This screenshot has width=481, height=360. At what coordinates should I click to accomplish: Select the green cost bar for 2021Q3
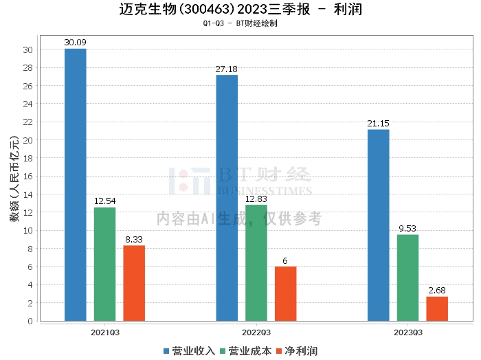tap(104, 264)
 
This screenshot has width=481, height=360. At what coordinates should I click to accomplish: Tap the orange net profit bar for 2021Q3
tap(134, 283)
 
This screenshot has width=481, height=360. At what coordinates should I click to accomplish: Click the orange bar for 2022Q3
tap(286, 293)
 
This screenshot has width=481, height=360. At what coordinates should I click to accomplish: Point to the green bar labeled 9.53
tap(407, 278)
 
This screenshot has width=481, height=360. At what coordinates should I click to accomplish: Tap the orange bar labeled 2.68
tap(437, 308)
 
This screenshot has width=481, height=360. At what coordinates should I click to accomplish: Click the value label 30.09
tap(76, 43)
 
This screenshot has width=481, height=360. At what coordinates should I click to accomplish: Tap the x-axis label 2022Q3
tap(256, 332)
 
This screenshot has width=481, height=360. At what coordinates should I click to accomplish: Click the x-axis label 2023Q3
tap(407, 332)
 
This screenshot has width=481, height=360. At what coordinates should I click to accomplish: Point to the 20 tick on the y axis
tap(28, 140)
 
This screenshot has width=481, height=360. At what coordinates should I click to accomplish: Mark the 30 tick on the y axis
tap(28, 49)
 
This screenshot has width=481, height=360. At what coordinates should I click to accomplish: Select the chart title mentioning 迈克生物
tap(240, 10)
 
